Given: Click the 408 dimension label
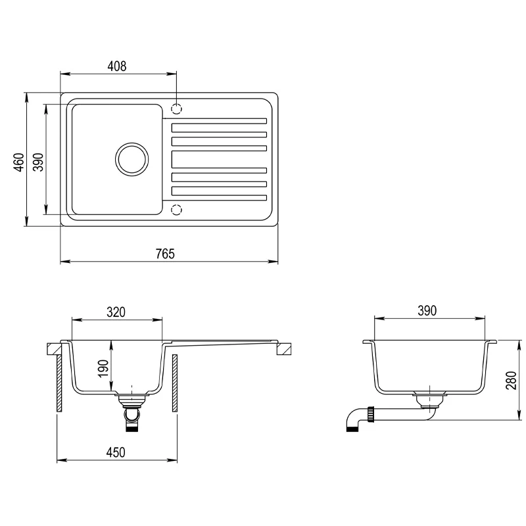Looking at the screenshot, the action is click(117, 66).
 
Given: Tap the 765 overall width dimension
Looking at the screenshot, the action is click(166, 254).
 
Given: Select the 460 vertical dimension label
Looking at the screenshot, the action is click(20, 162).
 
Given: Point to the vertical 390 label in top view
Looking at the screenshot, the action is click(39, 162).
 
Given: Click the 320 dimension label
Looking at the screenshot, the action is click(116, 312).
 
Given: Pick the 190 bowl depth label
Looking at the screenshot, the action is click(103, 368).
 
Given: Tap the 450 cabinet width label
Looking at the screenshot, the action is click(116, 452).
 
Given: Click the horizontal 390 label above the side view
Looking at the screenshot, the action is click(427, 310).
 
